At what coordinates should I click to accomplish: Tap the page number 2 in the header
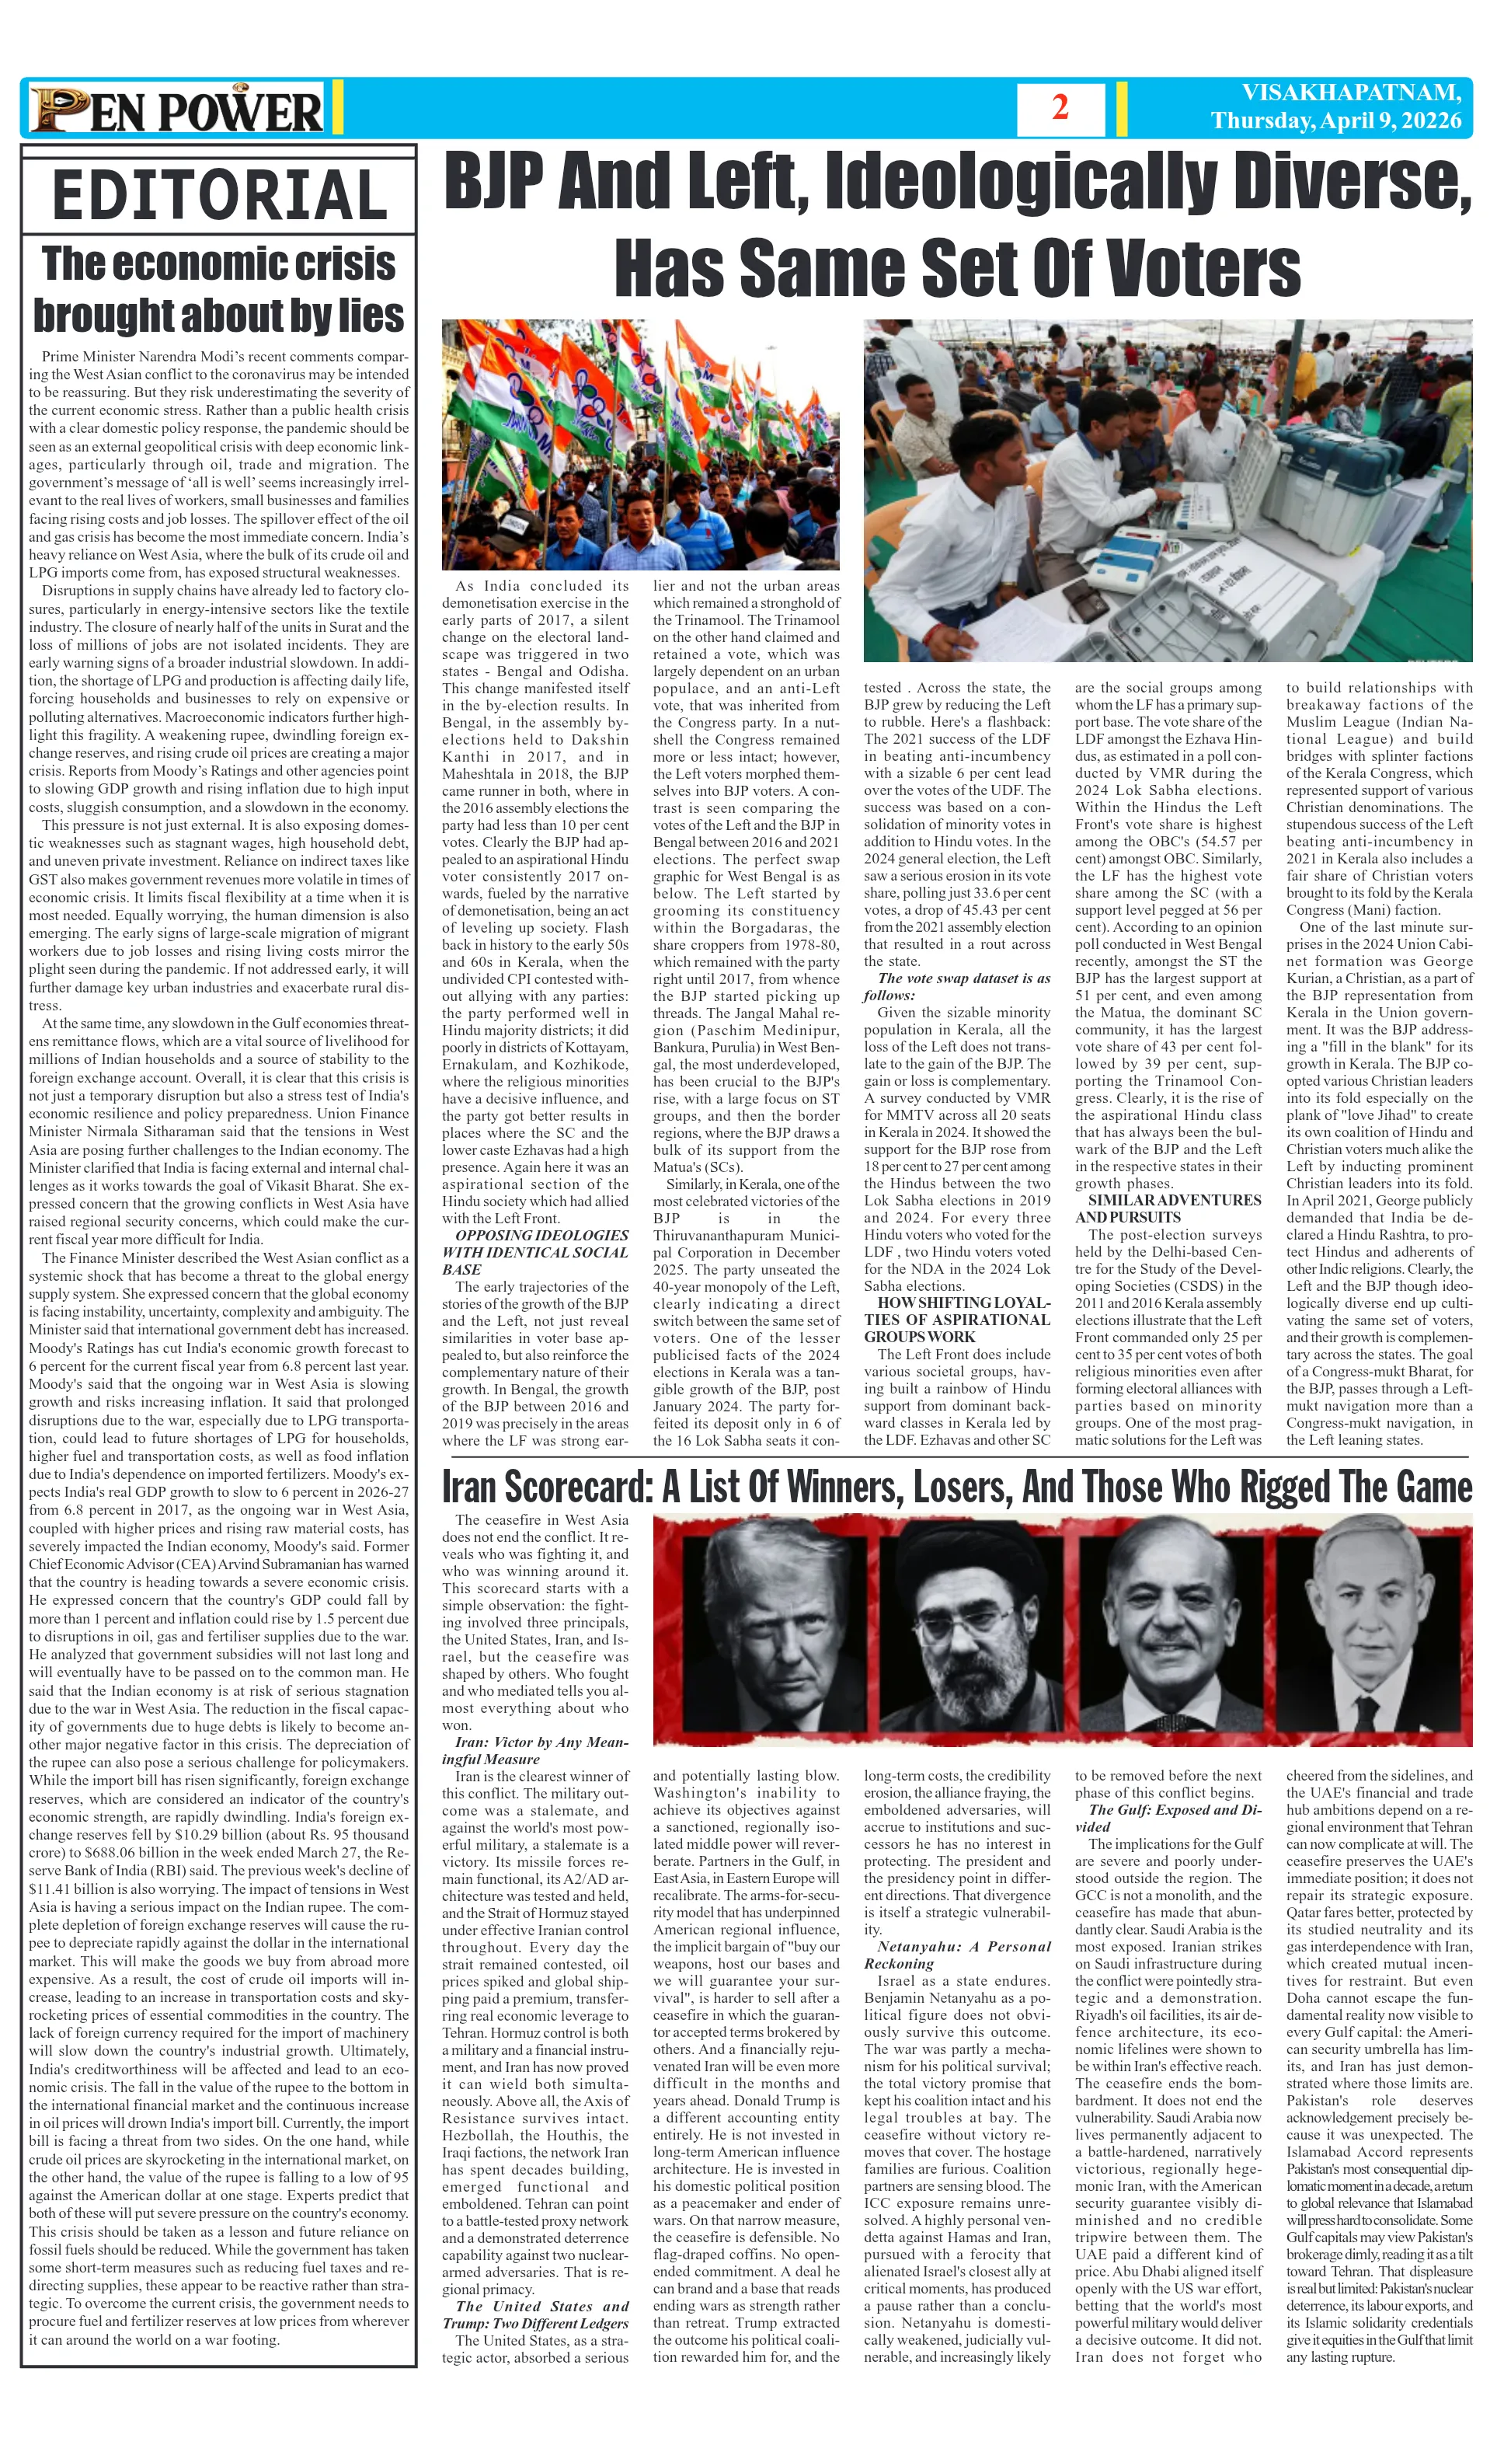click(x=1060, y=107)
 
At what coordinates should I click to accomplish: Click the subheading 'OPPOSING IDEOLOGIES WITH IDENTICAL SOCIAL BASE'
click(x=536, y=1251)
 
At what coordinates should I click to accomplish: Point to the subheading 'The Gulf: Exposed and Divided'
click(x=1168, y=1817)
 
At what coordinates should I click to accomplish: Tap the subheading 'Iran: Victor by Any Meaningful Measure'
click(x=536, y=1749)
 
